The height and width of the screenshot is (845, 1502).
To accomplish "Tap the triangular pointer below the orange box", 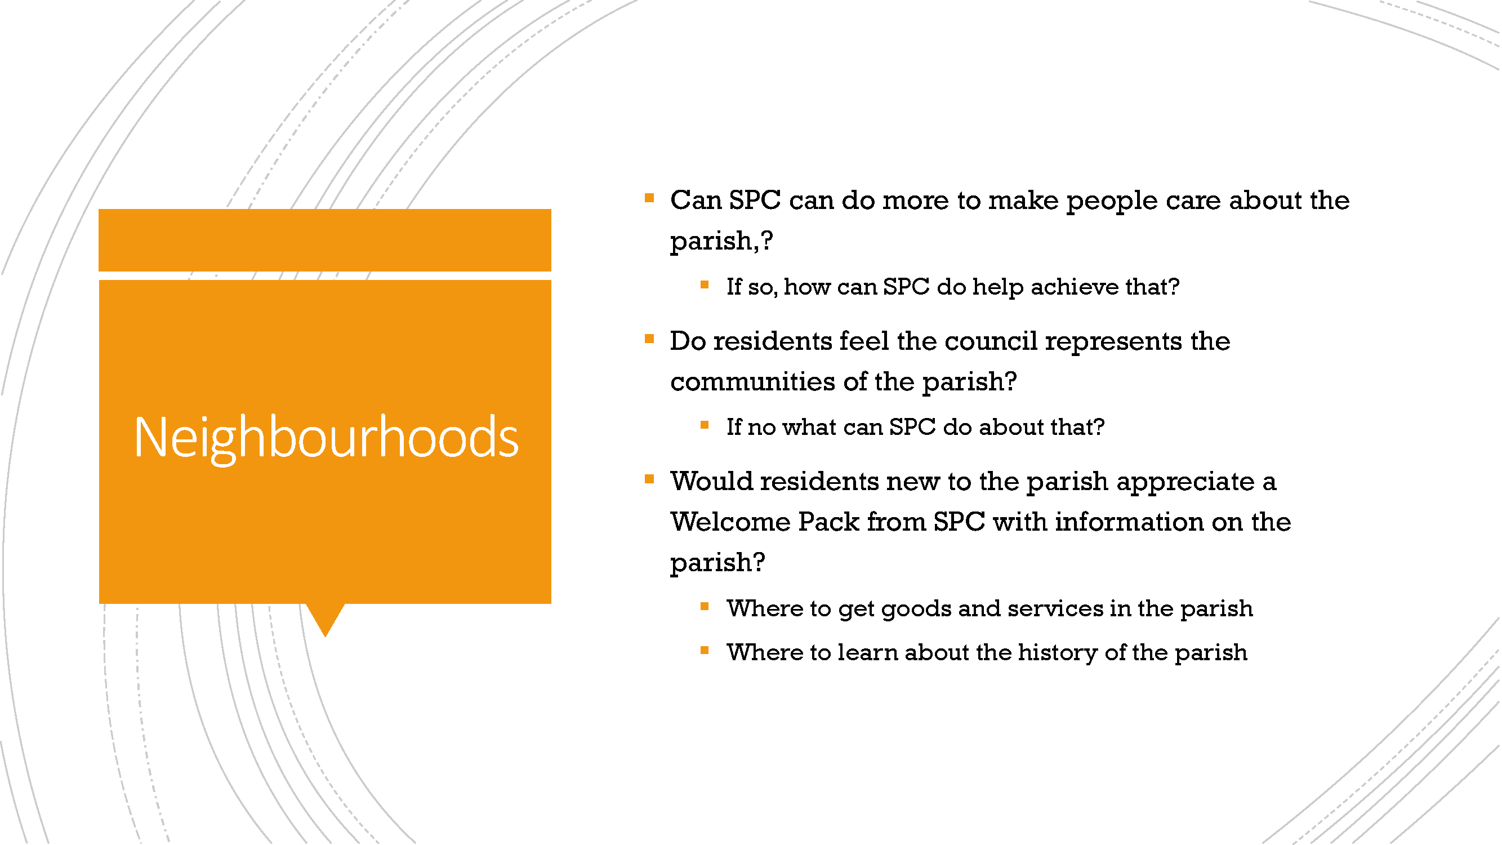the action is [326, 618].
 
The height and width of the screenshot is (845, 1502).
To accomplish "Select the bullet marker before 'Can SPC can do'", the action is [649, 198].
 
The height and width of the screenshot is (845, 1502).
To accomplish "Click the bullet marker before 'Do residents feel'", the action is [649, 339].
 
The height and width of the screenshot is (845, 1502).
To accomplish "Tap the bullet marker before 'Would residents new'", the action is [649, 479].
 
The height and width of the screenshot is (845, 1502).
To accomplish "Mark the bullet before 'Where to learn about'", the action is [705, 650].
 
